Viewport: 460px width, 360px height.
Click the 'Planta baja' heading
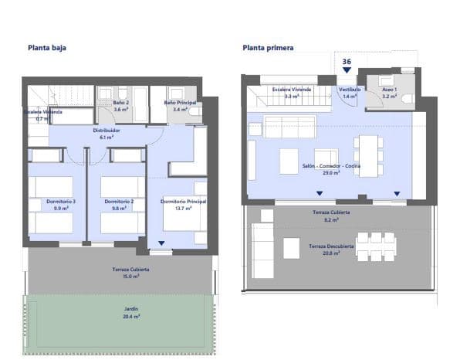pyautogui.click(x=46, y=47)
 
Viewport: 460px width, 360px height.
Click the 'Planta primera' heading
pyautogui.click(x=268, y=47)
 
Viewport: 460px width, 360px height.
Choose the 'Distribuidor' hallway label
pyautogui.click(x=107, y=131)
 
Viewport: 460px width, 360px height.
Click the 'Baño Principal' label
pyautogui.click(x=179, y=103)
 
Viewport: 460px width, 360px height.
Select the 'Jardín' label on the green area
pyautogui.click(x=131, y=309)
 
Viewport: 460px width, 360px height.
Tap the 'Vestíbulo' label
pyautogui.click(x=350, y=90)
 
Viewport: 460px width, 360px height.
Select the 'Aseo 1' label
pyautogui.click(x=390, y=90)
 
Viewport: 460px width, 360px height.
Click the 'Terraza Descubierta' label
pyautogui.click(x=332, y=246)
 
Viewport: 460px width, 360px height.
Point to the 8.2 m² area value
pyautogui.click(x=332, y=219)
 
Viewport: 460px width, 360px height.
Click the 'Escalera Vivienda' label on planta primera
pyautogui.click(x=292, y=90)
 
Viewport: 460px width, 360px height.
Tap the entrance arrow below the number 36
pyautogui.click(x=347, y=70)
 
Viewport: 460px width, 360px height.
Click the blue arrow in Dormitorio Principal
pyautogui.click(x=161, y=244)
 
